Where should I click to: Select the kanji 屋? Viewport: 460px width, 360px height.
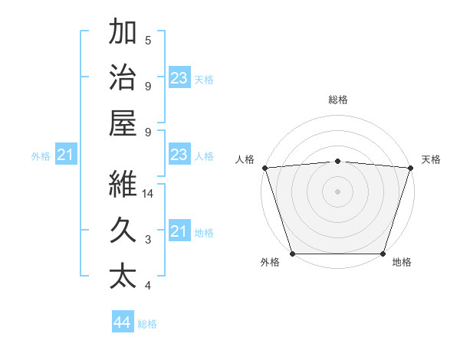click(123, 123)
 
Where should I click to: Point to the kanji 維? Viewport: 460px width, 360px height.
click(123, 183)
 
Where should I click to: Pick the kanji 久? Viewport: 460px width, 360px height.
click(123, 229)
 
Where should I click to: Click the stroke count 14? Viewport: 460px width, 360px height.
click(149, 194)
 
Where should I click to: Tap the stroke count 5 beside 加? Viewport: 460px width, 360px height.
click(148, 41)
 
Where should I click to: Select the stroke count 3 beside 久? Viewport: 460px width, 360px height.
click(148, 240)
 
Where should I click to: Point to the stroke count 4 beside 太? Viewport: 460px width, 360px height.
click(148, 286)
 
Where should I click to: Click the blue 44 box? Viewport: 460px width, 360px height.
click(123, 322)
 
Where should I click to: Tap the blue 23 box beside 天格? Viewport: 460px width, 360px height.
click(179, 78)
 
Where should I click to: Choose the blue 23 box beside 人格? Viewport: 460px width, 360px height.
click(179, 155)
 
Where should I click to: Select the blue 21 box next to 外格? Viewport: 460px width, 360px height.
click(65, 155)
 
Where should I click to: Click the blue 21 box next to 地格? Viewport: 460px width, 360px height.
click(179, 231)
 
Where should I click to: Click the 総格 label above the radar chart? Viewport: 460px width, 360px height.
click(337, 100)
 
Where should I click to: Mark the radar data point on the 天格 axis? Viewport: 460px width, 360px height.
click(410, 167)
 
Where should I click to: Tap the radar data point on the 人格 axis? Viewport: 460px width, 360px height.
click(264, 167)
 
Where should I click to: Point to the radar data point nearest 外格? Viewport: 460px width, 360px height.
click(292, 254)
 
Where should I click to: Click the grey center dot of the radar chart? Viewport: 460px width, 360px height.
click(337, 191)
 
